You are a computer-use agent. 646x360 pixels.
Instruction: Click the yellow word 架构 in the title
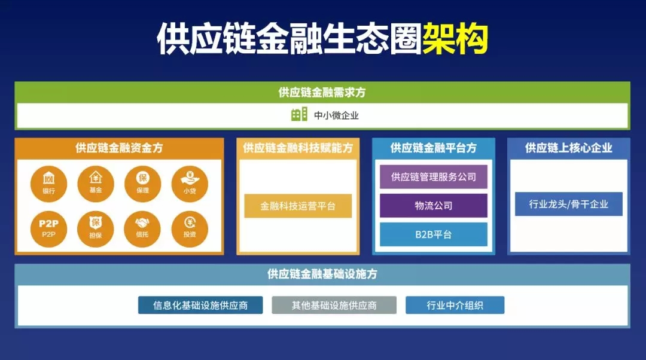click(x=456, y=39)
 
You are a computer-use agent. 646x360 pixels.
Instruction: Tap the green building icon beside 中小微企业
click(x=299, y=115)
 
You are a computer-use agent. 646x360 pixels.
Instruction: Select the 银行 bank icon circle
click(x=48, y=184)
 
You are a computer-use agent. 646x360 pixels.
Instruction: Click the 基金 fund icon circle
click(x=95, y=184)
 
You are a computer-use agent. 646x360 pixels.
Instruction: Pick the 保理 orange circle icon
click(x=142, y=184)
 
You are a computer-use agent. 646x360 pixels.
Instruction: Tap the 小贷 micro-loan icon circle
click(x=190, y=184)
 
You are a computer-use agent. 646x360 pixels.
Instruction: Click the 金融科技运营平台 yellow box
click(x=298, y=206)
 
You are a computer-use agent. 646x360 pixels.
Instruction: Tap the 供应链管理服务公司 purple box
click(x=434, y=177)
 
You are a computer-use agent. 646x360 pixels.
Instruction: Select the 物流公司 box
click(x=434, y=206)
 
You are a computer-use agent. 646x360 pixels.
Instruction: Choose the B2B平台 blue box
click(x=434, y=234)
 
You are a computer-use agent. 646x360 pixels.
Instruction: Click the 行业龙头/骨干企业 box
click(x=568, y=204)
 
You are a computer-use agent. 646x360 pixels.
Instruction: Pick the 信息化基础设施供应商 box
click(x=200, y=305)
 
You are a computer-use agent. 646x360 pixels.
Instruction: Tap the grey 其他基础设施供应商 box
click(x=334, y=305)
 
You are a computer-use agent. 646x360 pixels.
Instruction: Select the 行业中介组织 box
click(x=455, y=305)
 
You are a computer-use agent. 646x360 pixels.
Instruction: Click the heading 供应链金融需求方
click(x=322, y=92)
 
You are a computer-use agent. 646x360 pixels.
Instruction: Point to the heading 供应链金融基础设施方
click(x=322, y=274)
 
